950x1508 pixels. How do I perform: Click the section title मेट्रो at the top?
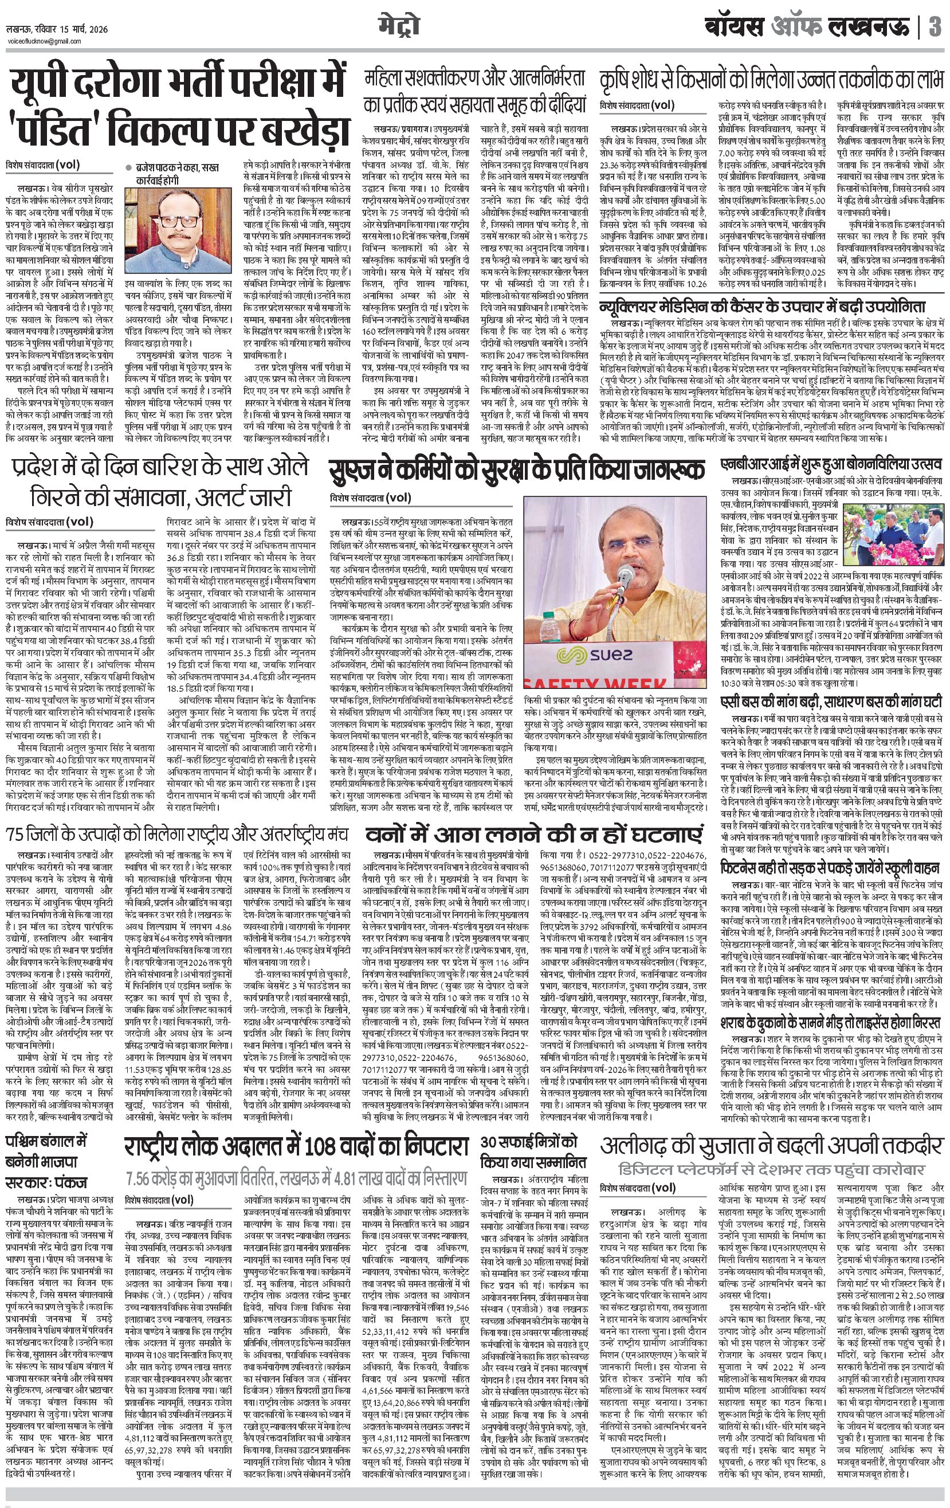[398, 26]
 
